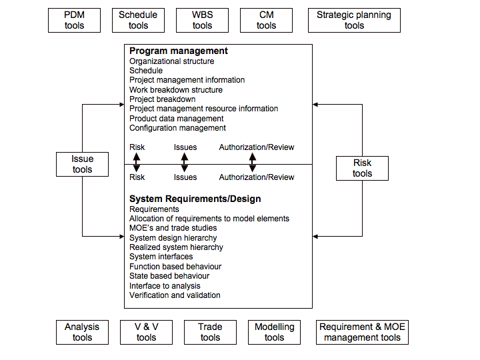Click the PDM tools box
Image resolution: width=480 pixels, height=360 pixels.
[x=75, y=20]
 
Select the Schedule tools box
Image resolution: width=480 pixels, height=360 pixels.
[x=138, y=20]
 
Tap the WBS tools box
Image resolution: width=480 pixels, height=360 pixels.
[x=202, y=20]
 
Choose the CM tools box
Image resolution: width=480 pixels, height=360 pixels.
[x=266, y=20]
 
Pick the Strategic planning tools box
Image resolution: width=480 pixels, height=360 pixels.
[x=354, y=20]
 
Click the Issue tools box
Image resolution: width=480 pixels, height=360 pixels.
[x=82, y=164]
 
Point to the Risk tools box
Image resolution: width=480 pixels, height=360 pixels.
[x=362, y=168]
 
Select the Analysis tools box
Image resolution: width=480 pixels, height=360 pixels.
[x=82, y=332]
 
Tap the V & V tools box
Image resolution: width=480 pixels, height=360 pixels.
[x=146, y=332]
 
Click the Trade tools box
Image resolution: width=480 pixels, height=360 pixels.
[x=210, y=332]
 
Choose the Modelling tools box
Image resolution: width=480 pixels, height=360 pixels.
[x=274, y=332]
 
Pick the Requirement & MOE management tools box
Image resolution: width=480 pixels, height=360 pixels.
[x=362, y=332]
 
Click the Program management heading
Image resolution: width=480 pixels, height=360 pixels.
[x=178, y=51]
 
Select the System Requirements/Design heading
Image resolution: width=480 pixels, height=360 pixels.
[x=195, y=199]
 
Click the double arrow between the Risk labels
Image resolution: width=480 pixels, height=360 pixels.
[x=137, y=162]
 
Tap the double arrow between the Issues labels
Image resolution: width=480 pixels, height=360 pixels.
[x=185, y=162]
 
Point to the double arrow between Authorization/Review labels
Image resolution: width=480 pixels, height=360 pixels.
[x=253, y=162]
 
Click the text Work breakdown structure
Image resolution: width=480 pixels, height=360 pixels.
[x=176, y=89]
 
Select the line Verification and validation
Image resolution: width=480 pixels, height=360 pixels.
[x=175, y=295]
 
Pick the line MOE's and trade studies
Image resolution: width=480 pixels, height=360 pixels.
[x=173, y=228]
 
